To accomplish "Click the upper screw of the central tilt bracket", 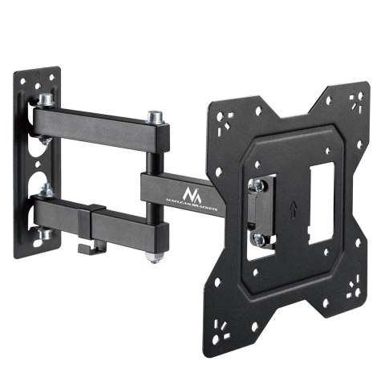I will (258, 185).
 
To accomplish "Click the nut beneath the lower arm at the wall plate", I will (47, 233).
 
